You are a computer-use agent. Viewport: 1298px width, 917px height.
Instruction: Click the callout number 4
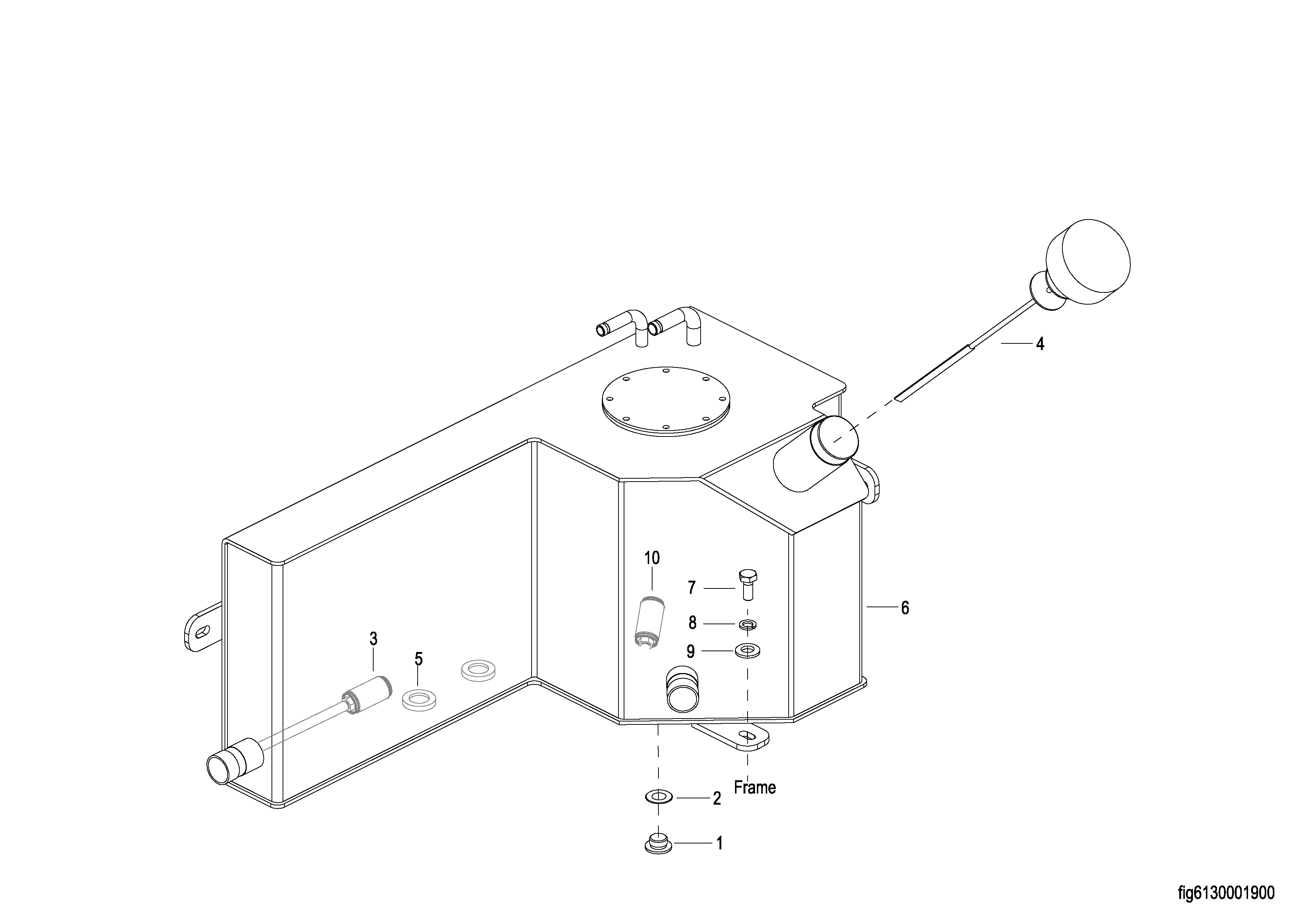(x=1040, y=344)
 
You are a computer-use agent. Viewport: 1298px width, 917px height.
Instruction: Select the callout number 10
(x=652, y=558)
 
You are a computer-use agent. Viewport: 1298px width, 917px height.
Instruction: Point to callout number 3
(x=373, y=639)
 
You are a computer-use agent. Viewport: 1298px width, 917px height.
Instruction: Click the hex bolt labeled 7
(x=747, y=584)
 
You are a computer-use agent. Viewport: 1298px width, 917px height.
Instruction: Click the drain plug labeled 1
(x=657, y=843)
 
